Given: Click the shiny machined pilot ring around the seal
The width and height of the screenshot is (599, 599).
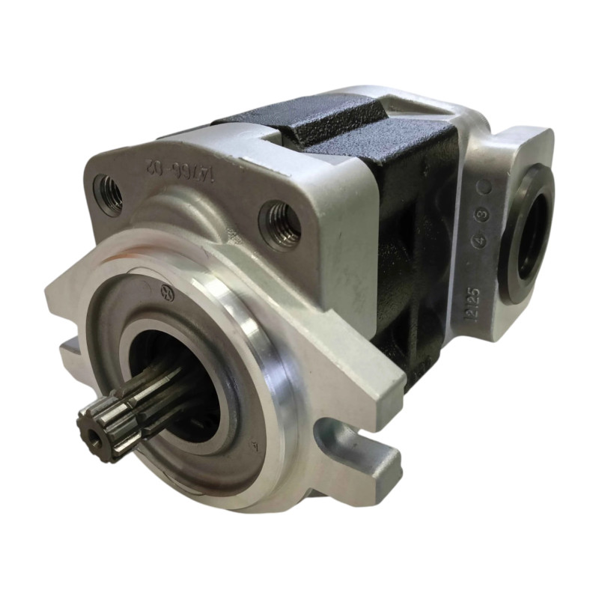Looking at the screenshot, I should point(270,389).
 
